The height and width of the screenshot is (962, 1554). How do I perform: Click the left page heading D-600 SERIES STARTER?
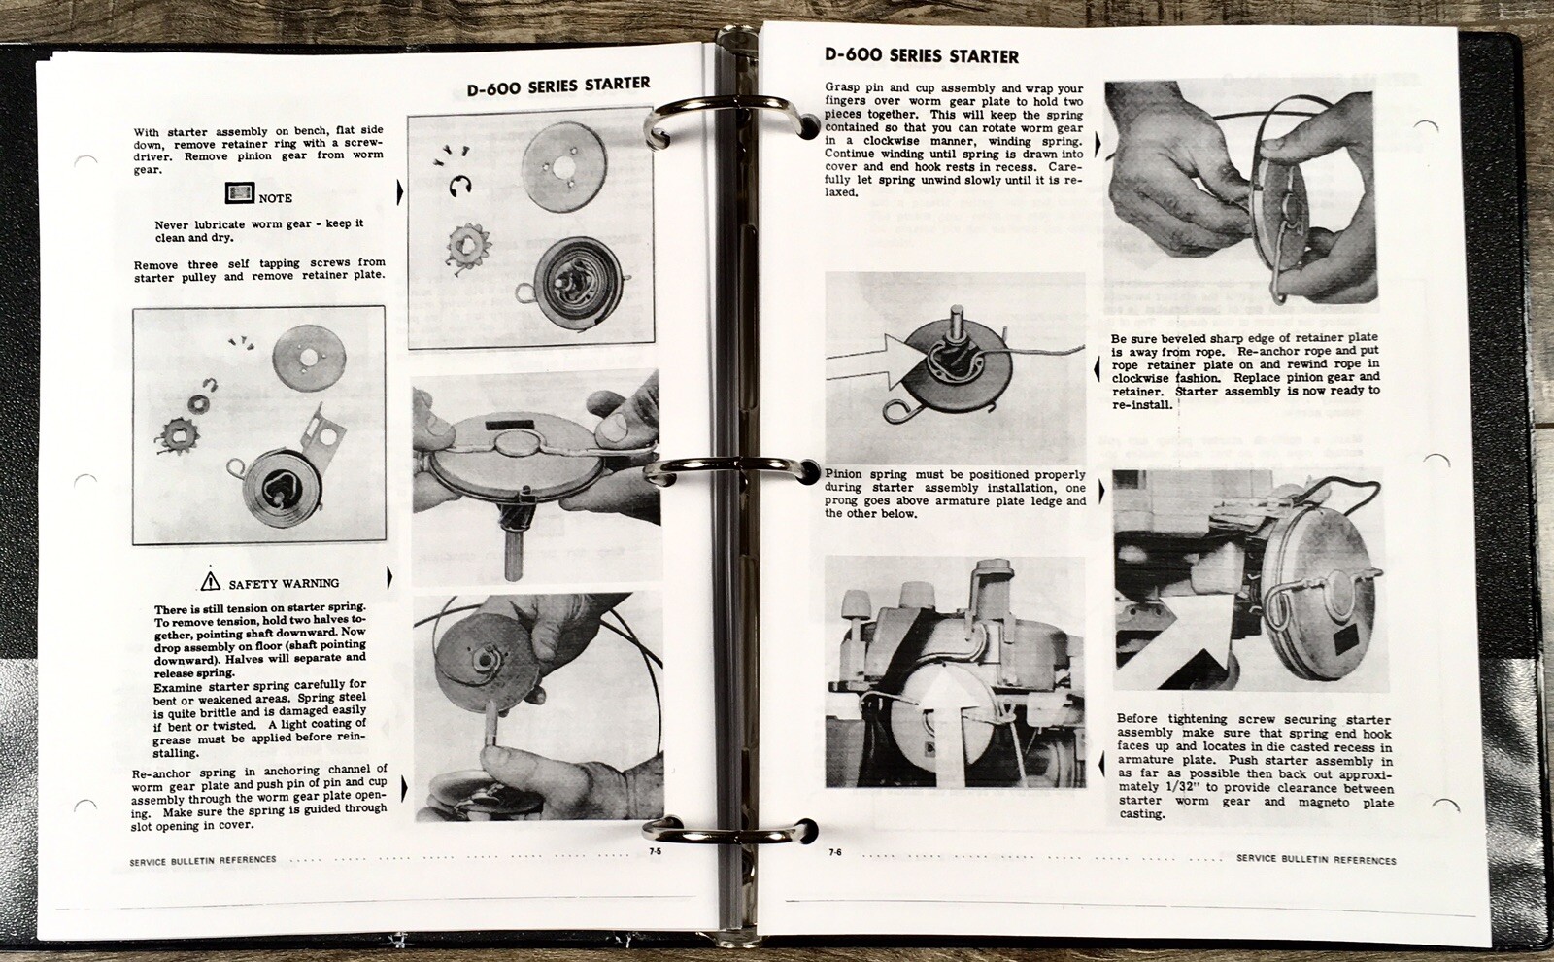(x=557, y=86)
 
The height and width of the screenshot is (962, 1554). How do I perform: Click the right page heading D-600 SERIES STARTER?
(x=921, y=56)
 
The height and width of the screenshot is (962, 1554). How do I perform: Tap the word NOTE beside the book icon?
(x=275, y=198)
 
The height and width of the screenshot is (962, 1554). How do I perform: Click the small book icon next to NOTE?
(x=239, y=193)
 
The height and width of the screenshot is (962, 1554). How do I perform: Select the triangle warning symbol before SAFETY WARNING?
(x=211, y=582)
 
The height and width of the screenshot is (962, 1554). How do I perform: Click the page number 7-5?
(x=655, y=852)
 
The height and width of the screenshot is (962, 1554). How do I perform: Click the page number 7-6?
(x=835, y=852)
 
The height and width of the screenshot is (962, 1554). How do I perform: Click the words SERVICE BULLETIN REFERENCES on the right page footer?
(x=1316, y=860)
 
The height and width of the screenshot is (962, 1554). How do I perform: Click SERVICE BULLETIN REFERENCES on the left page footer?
(x=203, y=859)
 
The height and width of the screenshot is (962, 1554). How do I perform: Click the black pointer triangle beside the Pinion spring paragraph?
(x=1101, y=493)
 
